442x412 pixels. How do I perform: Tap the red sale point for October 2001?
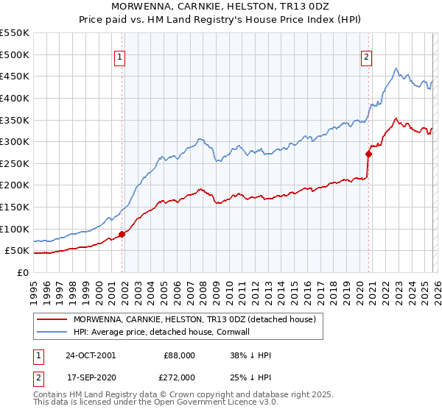(122, 235)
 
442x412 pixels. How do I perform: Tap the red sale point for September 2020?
(369, 154)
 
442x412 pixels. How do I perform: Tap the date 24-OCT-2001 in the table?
(91, 355)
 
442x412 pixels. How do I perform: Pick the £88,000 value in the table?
(180, 355)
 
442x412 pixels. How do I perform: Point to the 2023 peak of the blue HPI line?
(396, 69)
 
